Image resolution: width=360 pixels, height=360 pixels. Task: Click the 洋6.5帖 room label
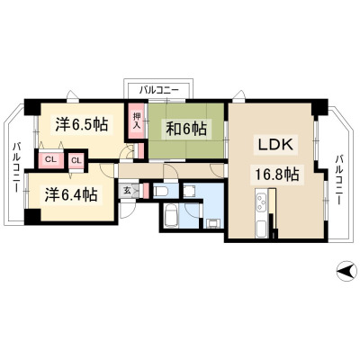point(82,124)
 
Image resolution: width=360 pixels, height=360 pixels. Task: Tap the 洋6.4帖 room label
point(71,194)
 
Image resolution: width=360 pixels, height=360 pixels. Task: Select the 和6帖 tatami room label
point(186,130)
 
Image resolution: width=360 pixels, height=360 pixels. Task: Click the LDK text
point(275,145)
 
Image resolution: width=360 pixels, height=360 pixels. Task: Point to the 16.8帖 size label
point(276,174)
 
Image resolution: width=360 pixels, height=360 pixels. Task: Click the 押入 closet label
point(137,121)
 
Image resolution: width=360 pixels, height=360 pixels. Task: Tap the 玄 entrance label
point(127,191)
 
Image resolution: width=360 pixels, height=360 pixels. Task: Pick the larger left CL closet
point(50,159)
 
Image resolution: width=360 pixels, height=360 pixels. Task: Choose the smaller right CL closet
point(76,160)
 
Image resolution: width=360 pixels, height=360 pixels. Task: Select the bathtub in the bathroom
point(172,215)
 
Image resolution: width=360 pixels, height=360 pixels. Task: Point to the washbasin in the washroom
point(212,223)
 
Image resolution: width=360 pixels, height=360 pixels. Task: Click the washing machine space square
point(190,190)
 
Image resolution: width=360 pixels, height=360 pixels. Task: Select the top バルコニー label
point(159,90)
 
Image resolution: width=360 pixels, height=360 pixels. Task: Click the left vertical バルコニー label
point(17,167)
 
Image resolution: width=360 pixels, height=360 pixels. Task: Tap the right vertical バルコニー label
point(339,179)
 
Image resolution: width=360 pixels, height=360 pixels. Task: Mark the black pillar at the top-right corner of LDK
point(319,108)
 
